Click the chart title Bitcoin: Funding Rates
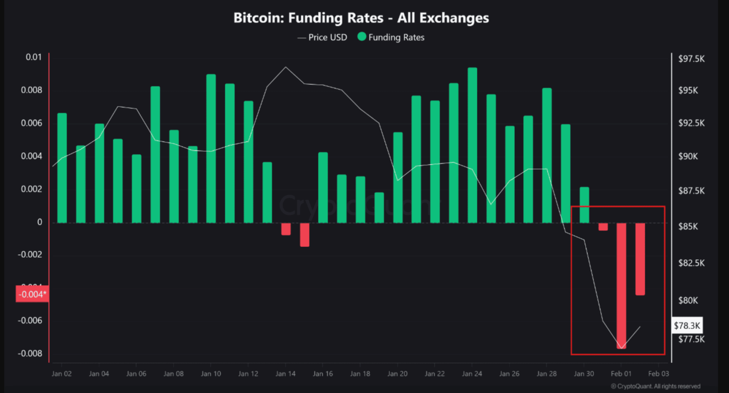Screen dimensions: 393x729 point(361,18)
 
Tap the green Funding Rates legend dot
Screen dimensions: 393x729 point(362,37)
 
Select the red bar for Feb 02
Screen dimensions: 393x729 point(640,259)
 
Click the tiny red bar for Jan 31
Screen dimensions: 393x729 point(603,227)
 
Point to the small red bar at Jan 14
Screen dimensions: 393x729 point(286,229)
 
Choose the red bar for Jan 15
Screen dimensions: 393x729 point(304,235)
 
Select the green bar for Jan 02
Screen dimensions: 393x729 point(62,168)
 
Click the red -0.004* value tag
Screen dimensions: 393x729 point(32,294)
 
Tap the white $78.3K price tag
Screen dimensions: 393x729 point(687,325)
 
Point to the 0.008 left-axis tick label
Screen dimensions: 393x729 point(31,90)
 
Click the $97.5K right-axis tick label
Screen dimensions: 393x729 point(691,59)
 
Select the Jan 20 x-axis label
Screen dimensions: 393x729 point(397,374)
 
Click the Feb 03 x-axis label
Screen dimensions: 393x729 point(658,374)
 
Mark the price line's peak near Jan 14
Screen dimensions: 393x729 point(285,67)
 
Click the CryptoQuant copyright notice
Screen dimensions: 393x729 point(655,386)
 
